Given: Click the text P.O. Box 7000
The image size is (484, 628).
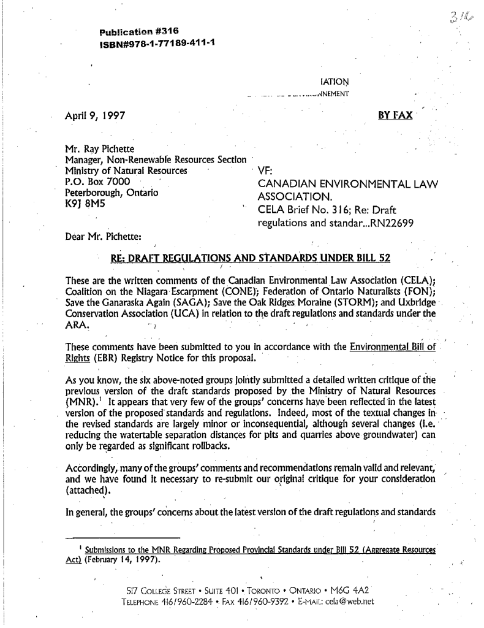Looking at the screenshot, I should (91, 182).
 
